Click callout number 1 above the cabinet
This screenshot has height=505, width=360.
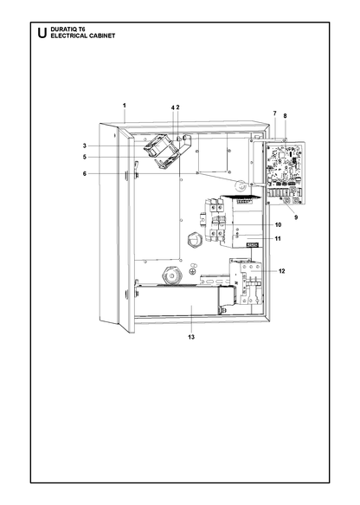click(124, 106)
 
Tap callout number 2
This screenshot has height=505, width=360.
click(177, 107)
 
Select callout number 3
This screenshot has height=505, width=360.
click(85, 146)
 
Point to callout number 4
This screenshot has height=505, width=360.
click(173, 107)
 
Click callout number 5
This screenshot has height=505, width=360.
click(85, 157)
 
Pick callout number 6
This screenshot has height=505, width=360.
click(85, 173)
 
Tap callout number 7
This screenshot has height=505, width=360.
click(274, 113)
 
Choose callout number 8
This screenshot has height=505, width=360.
click(285, 115)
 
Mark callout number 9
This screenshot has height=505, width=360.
click(296, 217)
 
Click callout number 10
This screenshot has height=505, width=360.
click(279, 224)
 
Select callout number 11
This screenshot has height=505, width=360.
click(278, 239)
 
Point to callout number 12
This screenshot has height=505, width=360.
click(282, 271)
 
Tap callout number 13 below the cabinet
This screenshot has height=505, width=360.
click(191, 337)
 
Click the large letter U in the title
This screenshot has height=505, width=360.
click(42, 33)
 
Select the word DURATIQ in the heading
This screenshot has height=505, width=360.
click(61, 29)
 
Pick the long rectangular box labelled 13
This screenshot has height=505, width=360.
click(177, 301)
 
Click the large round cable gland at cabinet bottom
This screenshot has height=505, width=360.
click(172, 275)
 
